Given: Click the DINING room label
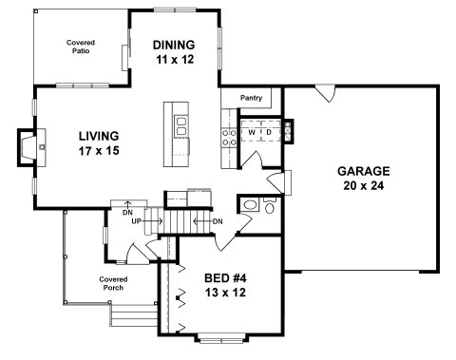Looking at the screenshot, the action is (x=174, y=45).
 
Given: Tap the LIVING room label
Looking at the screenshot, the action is (x=99, y=136).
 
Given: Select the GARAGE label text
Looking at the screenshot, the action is (x=364, y=171).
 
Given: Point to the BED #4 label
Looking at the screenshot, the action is (x=225, y=278).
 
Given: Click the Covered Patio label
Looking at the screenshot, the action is (x=81, y=47).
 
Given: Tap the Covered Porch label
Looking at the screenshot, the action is (x=113, y=283).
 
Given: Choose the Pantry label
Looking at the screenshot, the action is (x=251, y=98).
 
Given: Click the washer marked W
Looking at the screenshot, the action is (x=252, y=131).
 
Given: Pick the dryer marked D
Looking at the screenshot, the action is (x=270, y=131).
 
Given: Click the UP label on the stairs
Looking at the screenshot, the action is (x=136, y=221).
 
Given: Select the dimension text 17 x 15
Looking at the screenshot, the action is (x=99, y=151).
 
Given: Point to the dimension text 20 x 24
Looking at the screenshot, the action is (x=364, y=186).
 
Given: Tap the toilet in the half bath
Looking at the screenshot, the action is (x=270, y=206).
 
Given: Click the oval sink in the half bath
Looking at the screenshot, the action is (x=251, y=205).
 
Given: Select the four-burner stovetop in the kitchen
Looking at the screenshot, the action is (x=229, y=138).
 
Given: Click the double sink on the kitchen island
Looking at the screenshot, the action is (x=181, y=126).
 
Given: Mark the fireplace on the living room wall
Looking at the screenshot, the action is (x=31, y=147).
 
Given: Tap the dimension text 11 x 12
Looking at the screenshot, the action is (x=175, y=60).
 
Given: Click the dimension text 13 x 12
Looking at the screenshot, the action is (x=225, y=293).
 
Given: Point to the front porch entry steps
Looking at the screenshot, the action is (x=134, y=315).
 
